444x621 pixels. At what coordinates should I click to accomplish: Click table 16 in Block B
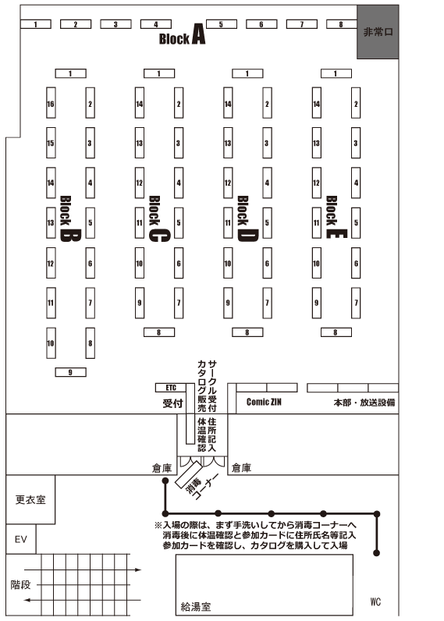pyautogui.click(x=51, y=103)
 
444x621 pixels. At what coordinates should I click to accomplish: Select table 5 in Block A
pyautogui.click(x=222, y=24)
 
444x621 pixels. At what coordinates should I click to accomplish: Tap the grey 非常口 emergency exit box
pyautogui.click(x=378, y=32)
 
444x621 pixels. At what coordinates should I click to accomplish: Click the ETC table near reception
pyautogui.click(x=171, y=387)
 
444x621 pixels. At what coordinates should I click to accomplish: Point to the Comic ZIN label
pyautogui.click(x=264, y=402)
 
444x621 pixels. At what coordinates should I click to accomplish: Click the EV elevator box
pyautogui.click(x=21, y=539)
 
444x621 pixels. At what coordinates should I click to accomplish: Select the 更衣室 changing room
pyautogui.click(x=30, y=500)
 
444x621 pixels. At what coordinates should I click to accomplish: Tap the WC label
pyautogui.click(x=375, y=601)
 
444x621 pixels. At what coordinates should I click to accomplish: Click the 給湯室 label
pyautogui.click(x=196, y=606)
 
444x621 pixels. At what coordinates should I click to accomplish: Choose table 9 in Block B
pyautogui.click(x=70, y=372)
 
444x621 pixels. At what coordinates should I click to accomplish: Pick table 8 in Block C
pyautogui.click(x=159, y=332)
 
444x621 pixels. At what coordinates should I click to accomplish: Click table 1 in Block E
pyautogui.click(x=336, y=73)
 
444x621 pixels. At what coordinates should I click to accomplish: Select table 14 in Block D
pyautogui.click(x=228, y=103)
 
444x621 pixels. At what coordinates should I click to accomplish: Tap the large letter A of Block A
pyautogui.click(x=199, y=34)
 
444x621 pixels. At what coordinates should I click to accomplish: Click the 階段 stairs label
pyautogui.click(x=20, y=584)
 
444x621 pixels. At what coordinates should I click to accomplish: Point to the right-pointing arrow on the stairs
pyautogui.click(x=83, y=570)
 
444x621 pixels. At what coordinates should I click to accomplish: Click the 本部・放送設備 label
pyautogui.click(x=364, y=403)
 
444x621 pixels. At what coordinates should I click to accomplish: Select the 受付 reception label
pyautogui.click(x=172, y=403)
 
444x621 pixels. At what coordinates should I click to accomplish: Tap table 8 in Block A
pyautogui.click(x=342, y=24)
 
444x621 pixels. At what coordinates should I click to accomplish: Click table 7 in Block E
pyautogui.click(x=356, y=303)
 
